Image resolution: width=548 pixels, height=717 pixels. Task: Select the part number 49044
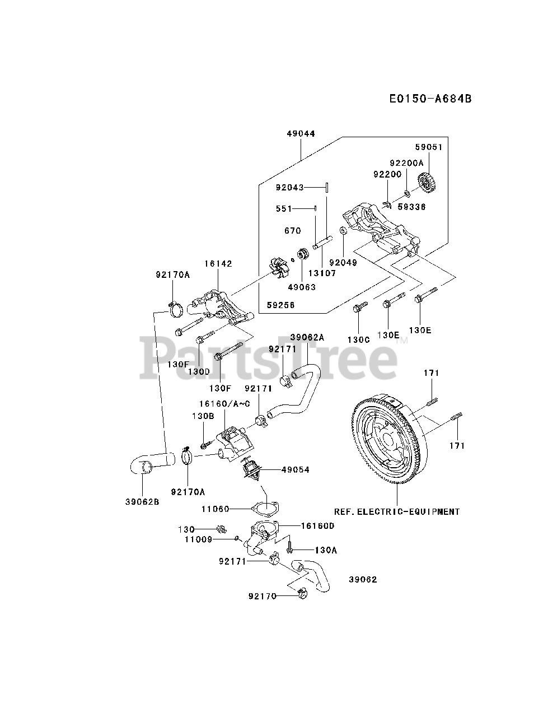[301, 134]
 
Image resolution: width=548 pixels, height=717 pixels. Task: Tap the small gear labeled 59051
[427, 182]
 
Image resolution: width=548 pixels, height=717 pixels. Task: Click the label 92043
[289, 187]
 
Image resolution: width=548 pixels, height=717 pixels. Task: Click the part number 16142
[218, 263]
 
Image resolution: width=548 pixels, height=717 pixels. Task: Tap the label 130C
[359, 339]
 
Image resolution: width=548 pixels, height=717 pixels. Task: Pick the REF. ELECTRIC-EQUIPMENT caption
[397, 511]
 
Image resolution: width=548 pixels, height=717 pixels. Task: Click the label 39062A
[307, 337]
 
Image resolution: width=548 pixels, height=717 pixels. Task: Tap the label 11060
[216, 509]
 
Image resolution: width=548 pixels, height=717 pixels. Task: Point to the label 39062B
[142, 501]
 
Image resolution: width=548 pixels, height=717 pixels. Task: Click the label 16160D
[317, 525]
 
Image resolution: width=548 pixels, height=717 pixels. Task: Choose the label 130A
[325, 550]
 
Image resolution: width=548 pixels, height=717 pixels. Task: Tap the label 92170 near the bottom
[263, 596]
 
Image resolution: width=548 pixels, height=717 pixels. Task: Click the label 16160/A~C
[224, 404]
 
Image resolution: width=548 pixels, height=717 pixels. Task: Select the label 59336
[411, 207]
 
